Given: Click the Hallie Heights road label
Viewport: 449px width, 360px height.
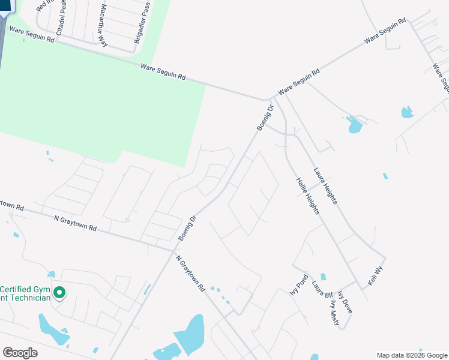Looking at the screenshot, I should point(307,196).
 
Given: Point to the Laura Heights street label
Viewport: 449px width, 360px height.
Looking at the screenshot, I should point(325,187).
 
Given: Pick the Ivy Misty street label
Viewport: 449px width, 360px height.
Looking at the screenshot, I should point(334,313).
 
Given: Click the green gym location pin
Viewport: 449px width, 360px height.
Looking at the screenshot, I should point(59,293).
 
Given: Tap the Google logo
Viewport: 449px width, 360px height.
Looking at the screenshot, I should point(20,353).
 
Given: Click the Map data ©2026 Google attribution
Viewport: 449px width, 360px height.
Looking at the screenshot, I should point(412,355).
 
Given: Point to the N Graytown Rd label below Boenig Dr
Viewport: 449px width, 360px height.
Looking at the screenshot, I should point(191,274).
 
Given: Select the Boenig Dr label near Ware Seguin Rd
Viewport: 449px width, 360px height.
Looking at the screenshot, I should point(265,118).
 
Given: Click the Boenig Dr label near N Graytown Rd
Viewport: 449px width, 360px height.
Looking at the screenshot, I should point(188,229).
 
